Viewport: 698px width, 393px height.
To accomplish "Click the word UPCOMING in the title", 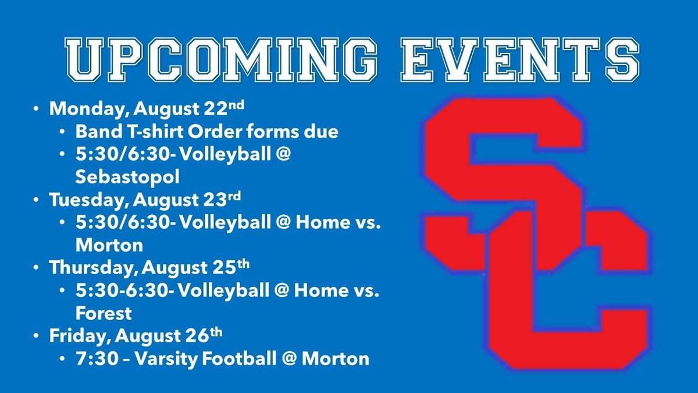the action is [220, 59].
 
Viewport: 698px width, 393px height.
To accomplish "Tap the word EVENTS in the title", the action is [520, 59].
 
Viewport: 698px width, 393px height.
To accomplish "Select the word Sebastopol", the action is [127, 178].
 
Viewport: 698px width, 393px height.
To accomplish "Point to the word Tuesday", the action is [89, 200].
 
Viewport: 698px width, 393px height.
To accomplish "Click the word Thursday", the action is [94, 268].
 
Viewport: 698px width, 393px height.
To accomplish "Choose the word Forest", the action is [104, 313].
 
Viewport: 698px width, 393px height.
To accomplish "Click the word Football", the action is [239, 359].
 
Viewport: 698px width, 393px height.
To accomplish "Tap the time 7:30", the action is [97, 359].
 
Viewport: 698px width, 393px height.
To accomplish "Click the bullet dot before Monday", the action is [36, 109].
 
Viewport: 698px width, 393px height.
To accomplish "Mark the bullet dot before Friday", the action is [36, 335].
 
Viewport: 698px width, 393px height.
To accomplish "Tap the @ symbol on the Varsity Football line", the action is [289, 359].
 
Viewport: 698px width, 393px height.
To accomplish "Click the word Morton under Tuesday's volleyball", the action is [109, 245].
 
